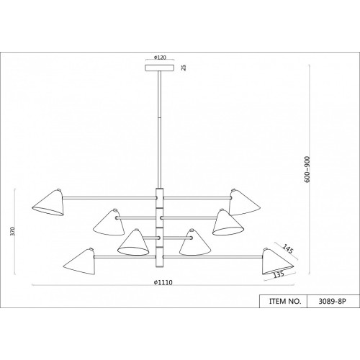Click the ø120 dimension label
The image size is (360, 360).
tap(160, 58)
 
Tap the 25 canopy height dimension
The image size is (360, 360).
tap(184, 68)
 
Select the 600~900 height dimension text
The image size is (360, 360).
tap(307, 169)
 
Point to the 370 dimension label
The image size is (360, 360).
tap(13, 231)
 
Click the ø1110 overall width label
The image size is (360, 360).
tap(163, 282)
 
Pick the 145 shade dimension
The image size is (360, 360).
tap(288, 249)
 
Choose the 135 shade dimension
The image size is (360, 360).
tap(279, 274)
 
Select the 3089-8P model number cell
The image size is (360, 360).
tap(333, 301)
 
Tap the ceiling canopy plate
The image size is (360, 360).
tap(160, 68)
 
